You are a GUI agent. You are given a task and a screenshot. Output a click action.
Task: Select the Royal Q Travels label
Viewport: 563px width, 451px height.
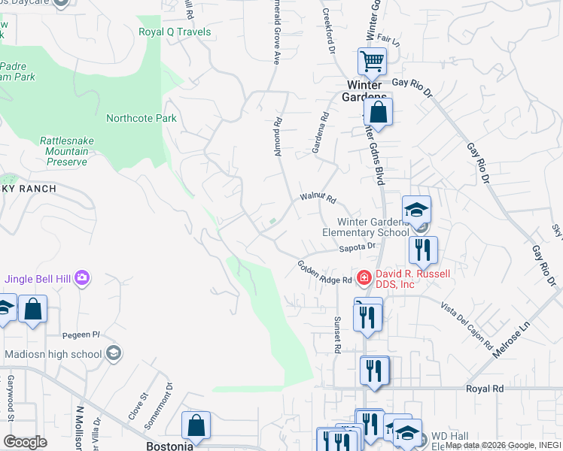click(x=175, y=32)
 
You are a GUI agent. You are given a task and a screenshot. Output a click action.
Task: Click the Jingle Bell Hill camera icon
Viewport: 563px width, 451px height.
click(x=82, y=279)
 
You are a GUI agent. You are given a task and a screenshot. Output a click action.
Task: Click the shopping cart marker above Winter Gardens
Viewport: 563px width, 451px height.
click(x=372, y=62)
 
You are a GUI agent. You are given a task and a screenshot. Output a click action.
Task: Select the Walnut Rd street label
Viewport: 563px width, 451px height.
click(x=317, y=197)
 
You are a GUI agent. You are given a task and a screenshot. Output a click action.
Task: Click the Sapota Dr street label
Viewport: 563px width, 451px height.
click(x=357, y=247)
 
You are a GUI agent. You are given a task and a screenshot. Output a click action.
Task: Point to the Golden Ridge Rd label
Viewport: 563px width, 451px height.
click(x=324, y=272)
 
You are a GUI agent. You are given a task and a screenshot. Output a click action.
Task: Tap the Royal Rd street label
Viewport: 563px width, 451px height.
click(x=483, y=389)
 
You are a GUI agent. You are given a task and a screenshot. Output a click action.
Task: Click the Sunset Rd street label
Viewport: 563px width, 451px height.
click(x=338, y=334)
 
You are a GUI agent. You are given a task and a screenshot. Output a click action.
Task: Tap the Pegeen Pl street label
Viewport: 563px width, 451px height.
click(x=85, y=334)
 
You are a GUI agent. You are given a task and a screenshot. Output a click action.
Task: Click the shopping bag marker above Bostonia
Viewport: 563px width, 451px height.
click(x=196, y=425)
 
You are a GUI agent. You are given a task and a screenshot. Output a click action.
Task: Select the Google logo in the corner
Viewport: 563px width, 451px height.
click(x=25, y=442)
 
